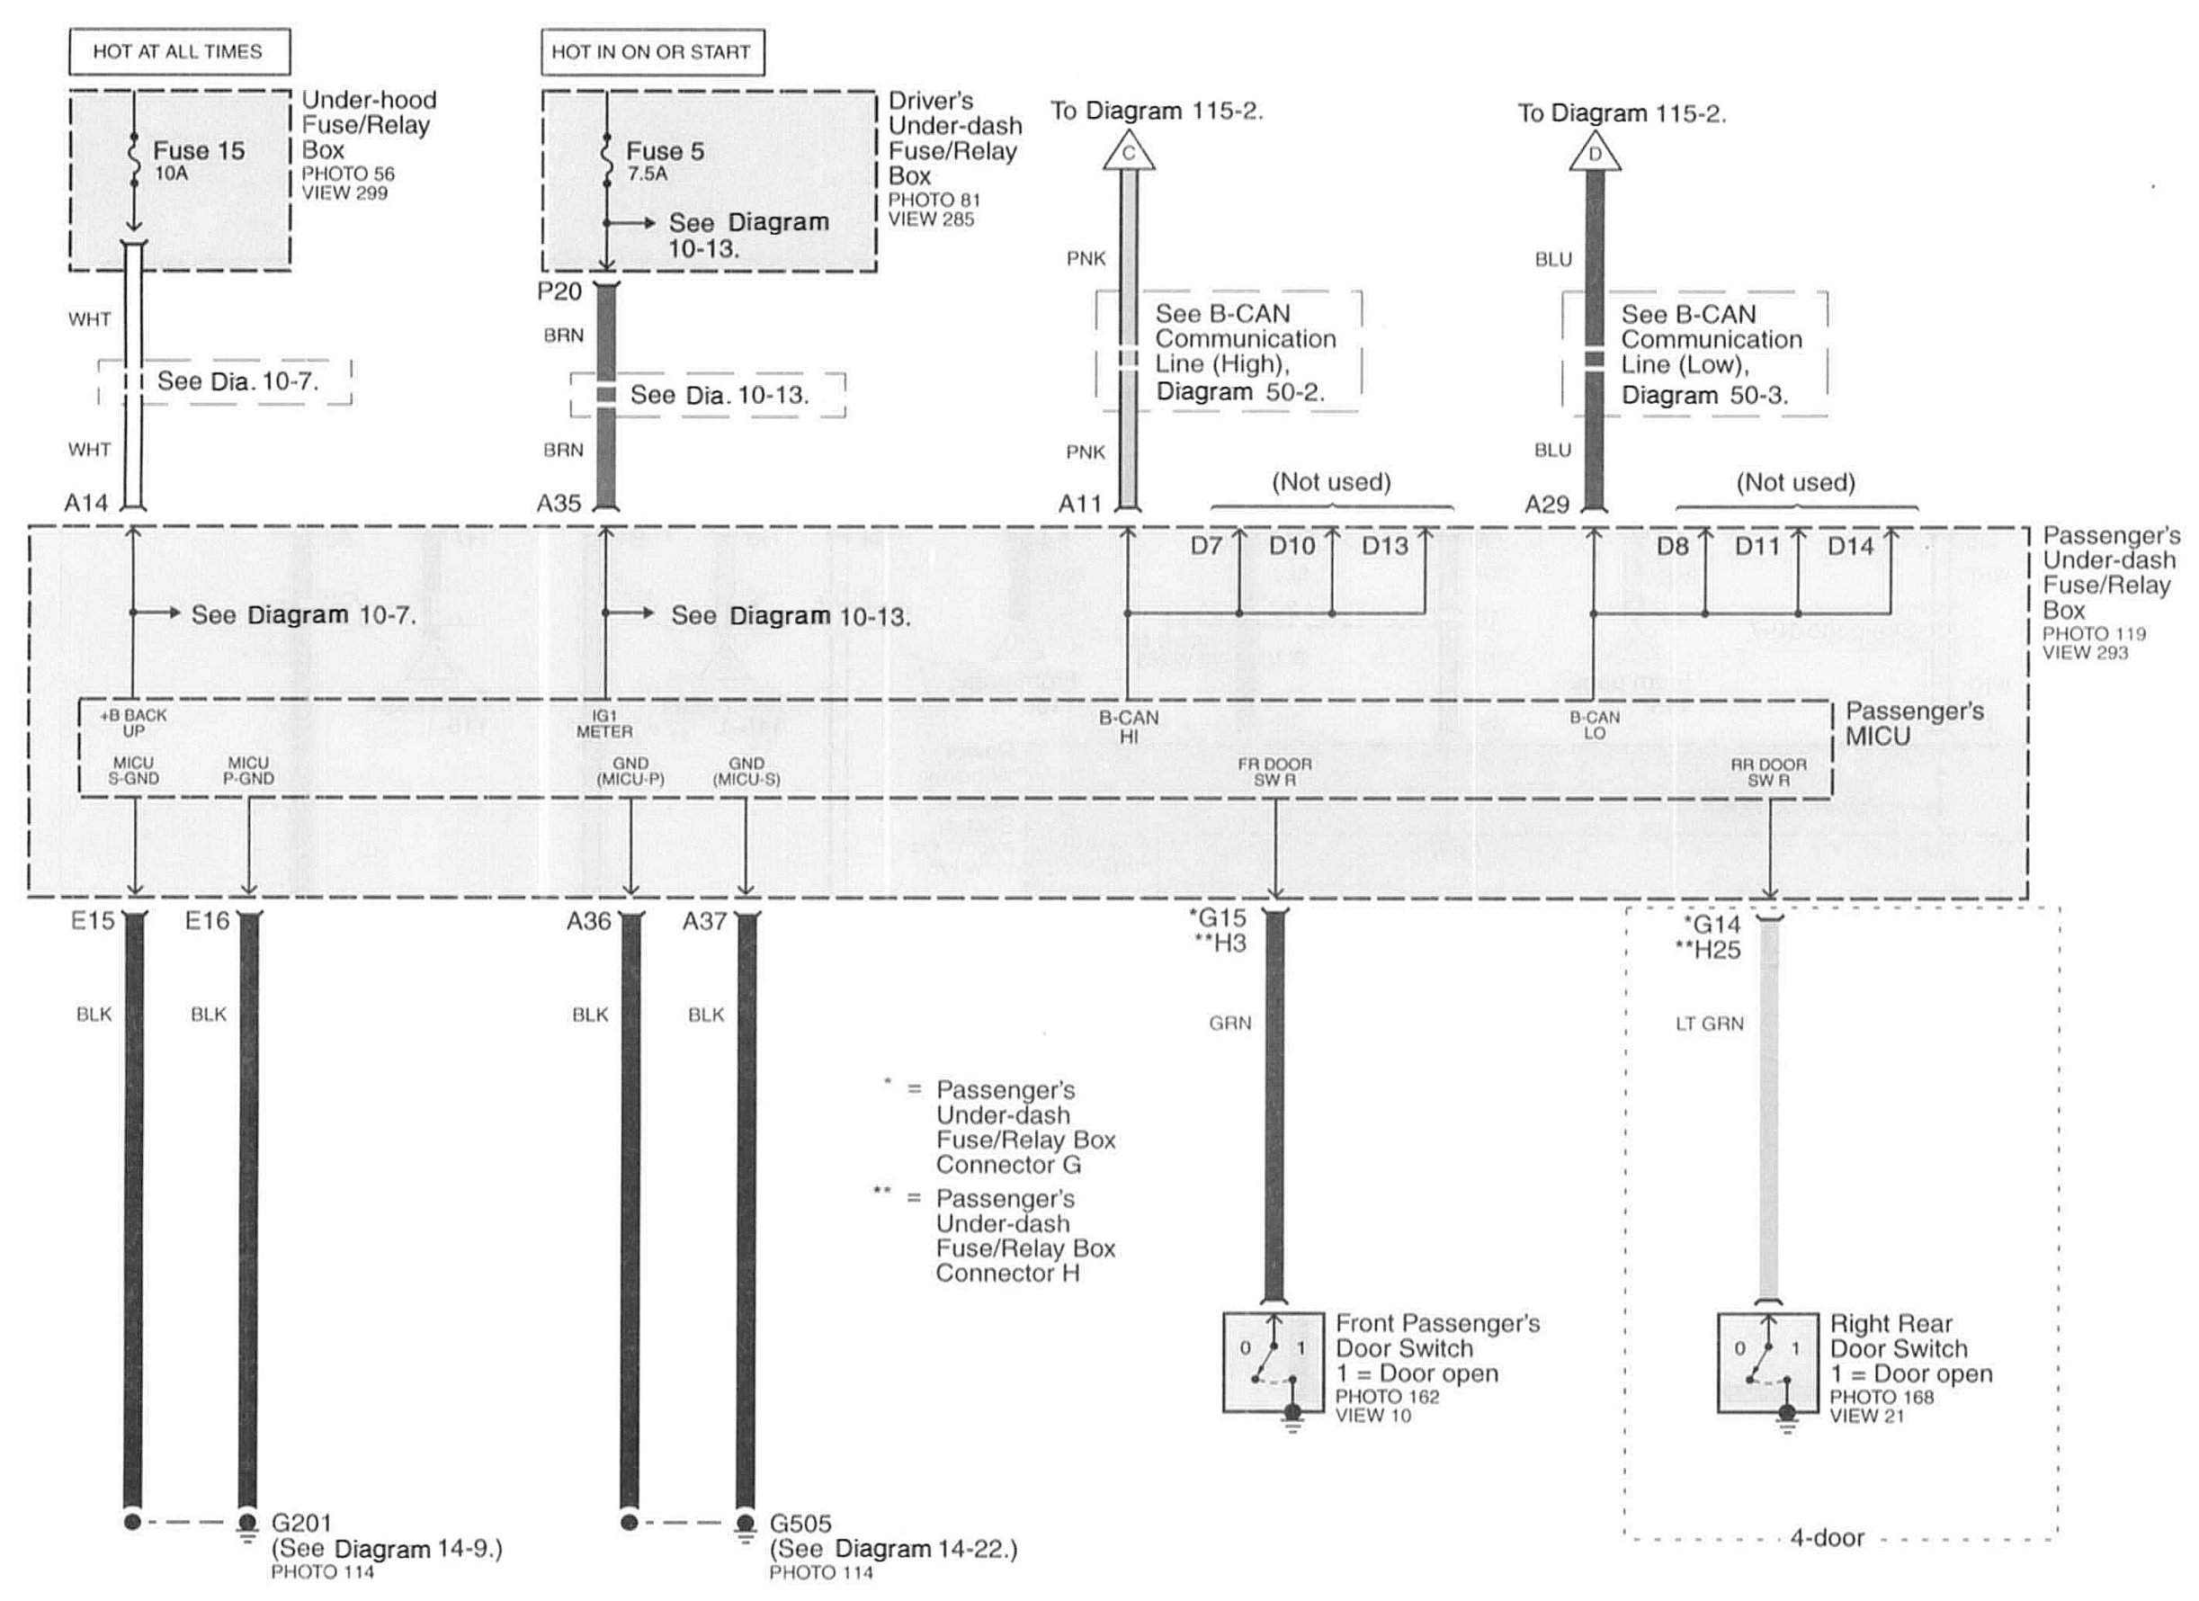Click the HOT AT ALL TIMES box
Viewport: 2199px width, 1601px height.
pyautogui.click(x=179, y=51)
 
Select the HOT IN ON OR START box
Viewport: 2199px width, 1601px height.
pyautogui.click(x=651, y=52)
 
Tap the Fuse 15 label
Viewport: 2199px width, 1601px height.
pyautogui.click(x=199, y=151)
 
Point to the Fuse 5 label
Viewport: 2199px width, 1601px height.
pyautogui.click(x=666, y=151)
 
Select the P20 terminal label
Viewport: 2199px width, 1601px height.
pyautogui.click(x=559, y=291)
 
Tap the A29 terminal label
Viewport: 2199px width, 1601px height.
pyautogui.click(x=1546, y=505)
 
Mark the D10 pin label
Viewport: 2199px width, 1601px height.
pyautogui.click(x=1292, y=546)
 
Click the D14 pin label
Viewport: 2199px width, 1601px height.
pyautogui.click(x=1850, y=547)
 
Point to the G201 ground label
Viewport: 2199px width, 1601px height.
pyautogui.click(x=301, y=1524)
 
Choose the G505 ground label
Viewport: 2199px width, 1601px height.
pyautogui.click(x=800, y=1524)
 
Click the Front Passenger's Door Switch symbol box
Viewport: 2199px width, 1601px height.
pyautogui.click(x=1273, y=1363)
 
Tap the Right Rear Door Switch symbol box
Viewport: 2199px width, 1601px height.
pyautogui.click(x=1767, y=1363)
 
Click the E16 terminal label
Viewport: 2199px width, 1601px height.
pyautogui.click(x=208, y=920)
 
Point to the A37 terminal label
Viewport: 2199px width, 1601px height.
pyautogui.click(x=704, y=921)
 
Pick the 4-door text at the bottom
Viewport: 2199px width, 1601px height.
pyautogui.click(x=1827, y=1538)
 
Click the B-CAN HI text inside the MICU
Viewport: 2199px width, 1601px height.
pyautogui.click(x=1129, y=727)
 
